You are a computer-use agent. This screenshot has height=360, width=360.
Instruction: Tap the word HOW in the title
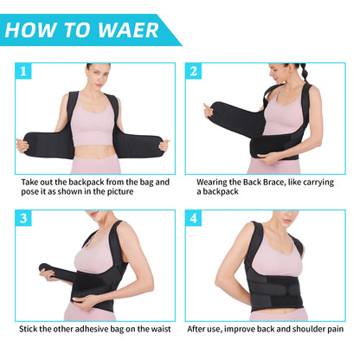coord(34,30)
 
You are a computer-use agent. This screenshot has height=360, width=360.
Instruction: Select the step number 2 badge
coord(193,72)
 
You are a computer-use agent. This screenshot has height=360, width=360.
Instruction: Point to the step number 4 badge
coord(193,217)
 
